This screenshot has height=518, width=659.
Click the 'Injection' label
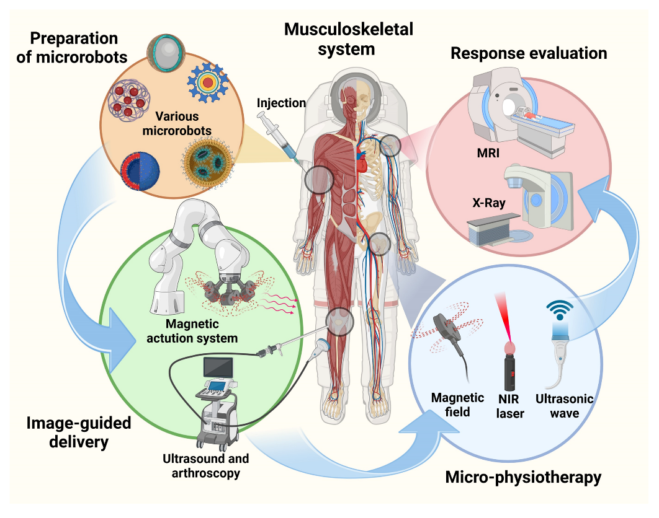click(281, 102)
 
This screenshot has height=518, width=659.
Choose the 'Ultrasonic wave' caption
click(565, 405)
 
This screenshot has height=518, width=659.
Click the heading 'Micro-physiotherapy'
click(523, 477)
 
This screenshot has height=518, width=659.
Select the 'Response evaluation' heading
click(529, 53)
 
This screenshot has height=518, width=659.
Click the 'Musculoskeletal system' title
click(348, 38)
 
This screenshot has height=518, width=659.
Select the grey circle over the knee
click(339, 322)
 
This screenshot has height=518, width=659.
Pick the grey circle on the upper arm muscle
click(319, 180)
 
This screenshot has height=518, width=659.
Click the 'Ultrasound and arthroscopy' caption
click(206, 466)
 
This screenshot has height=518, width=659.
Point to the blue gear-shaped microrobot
click(209, 83)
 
